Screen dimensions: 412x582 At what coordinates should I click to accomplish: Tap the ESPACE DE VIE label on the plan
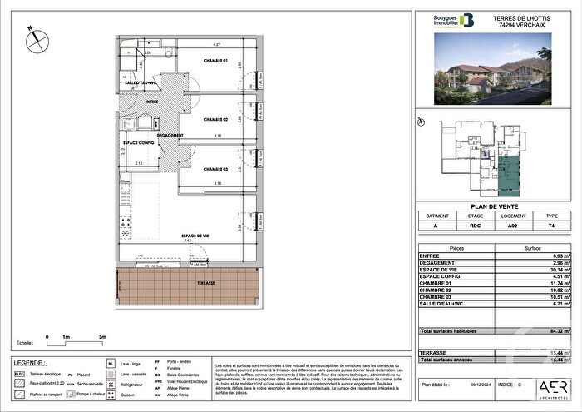click(194, 236)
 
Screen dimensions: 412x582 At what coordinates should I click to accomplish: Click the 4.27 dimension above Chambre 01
click(215, 43)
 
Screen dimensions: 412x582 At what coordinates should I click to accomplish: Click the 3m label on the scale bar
click(101, 337)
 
